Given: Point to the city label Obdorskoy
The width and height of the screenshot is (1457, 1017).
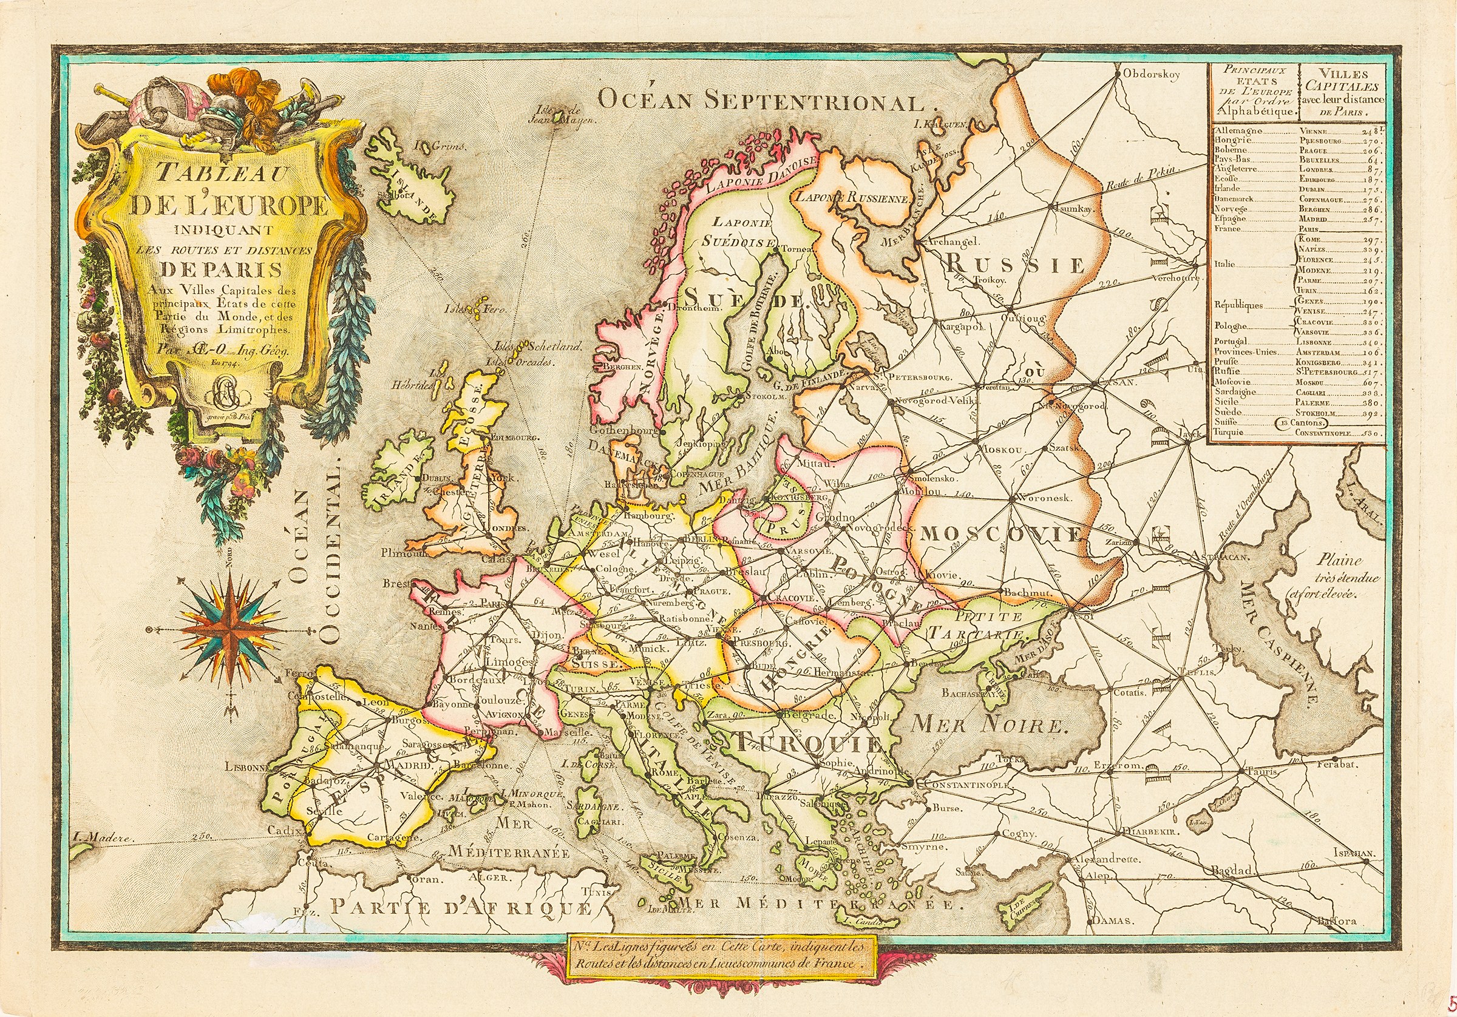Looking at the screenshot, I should (x=1151, y=75).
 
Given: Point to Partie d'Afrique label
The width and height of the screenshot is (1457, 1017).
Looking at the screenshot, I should (x=460, y=907).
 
